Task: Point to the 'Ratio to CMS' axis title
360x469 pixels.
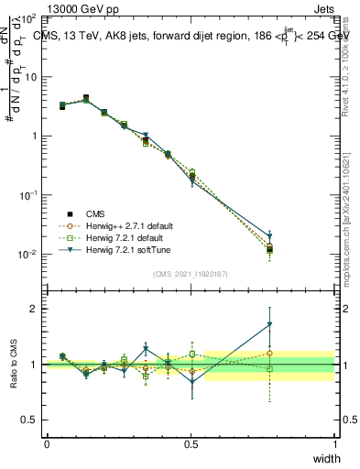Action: coord(15,364)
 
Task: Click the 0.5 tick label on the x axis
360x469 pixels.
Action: coord(191,443)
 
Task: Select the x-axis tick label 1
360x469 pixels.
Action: coord(334,443)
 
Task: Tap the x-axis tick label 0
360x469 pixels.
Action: coord(47,443)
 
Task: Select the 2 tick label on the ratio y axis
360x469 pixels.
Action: coord(34,309)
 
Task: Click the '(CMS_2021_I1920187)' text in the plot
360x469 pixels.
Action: coord(191,272)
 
